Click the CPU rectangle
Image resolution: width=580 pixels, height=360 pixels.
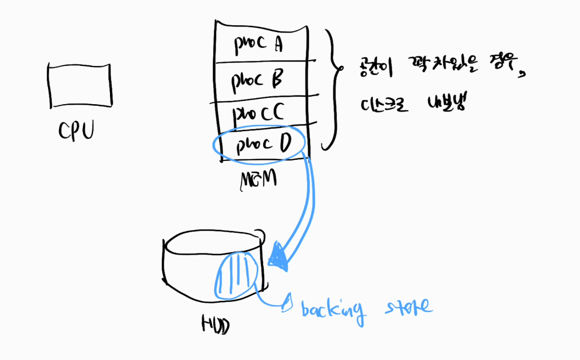point(80,86)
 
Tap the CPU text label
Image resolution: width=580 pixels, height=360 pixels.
point(76,131)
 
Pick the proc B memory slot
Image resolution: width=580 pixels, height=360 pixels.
point(261,78)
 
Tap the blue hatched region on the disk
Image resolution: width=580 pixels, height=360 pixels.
point(235,275)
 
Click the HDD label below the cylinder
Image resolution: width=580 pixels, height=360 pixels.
point(215,326)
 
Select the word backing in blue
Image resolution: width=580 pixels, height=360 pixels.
point(332,309)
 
